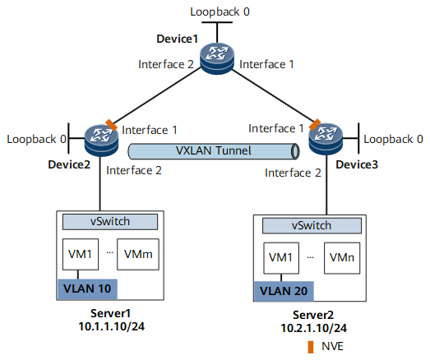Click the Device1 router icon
coord(217,58)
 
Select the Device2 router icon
coord(101,140)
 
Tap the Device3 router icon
coord(326,139)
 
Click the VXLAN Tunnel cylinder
coord(214,151)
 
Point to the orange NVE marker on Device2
coord(112,125)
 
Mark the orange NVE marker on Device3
coord(315,124)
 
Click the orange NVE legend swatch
coord(311,347)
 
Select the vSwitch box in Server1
coord(110,222)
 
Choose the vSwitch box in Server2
coord(312,226)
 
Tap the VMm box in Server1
coord(138,255)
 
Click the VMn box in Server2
coord(342,258)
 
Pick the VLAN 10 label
coord(87,289)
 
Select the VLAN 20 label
coord(284,291)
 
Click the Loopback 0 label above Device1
coord(220,12)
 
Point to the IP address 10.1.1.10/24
coord(111,326)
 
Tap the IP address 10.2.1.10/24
coord(314,328)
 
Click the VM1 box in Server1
coord(81,255)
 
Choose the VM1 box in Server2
coord(281,258)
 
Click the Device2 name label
coord(69,164)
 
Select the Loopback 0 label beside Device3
coord(393,139)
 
